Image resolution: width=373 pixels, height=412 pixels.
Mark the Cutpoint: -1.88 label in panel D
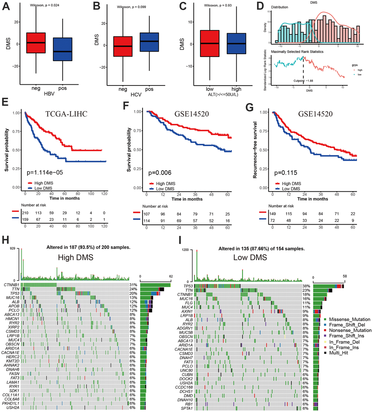[x=304, y=81]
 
